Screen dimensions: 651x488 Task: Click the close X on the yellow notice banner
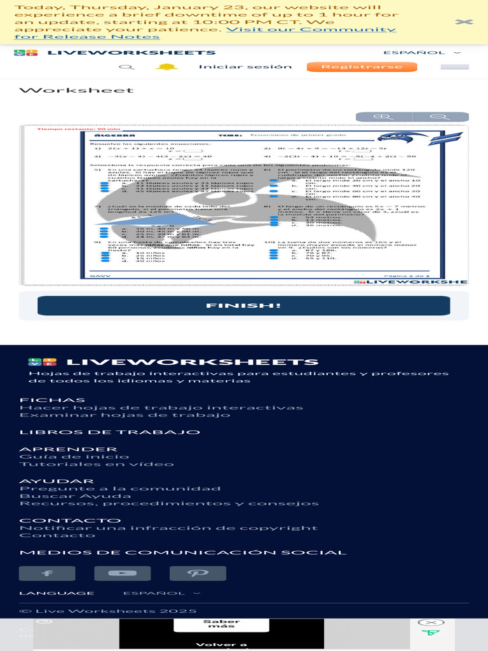point(464,22)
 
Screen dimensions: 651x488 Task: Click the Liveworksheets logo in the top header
point(115,53)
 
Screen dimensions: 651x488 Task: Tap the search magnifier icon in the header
point(127,67)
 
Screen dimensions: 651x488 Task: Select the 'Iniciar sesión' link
point(245,67)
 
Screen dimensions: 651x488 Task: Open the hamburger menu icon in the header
point(454,67)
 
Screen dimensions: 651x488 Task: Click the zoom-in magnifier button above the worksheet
point(384,117)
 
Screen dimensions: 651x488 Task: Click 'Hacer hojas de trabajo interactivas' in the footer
point(161,408)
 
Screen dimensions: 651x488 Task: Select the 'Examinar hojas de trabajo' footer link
point(125,415)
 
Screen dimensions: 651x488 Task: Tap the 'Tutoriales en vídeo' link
point(97,464)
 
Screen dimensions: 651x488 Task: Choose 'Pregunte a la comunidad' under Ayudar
point(120,488)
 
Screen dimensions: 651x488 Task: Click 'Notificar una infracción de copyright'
point(168,528)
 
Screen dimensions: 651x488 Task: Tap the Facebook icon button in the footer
point(47,573)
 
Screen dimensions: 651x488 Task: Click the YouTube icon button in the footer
point(123,573)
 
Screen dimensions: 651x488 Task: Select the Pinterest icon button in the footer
point(198,573)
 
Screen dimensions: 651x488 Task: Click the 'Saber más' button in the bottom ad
point(221,624)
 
